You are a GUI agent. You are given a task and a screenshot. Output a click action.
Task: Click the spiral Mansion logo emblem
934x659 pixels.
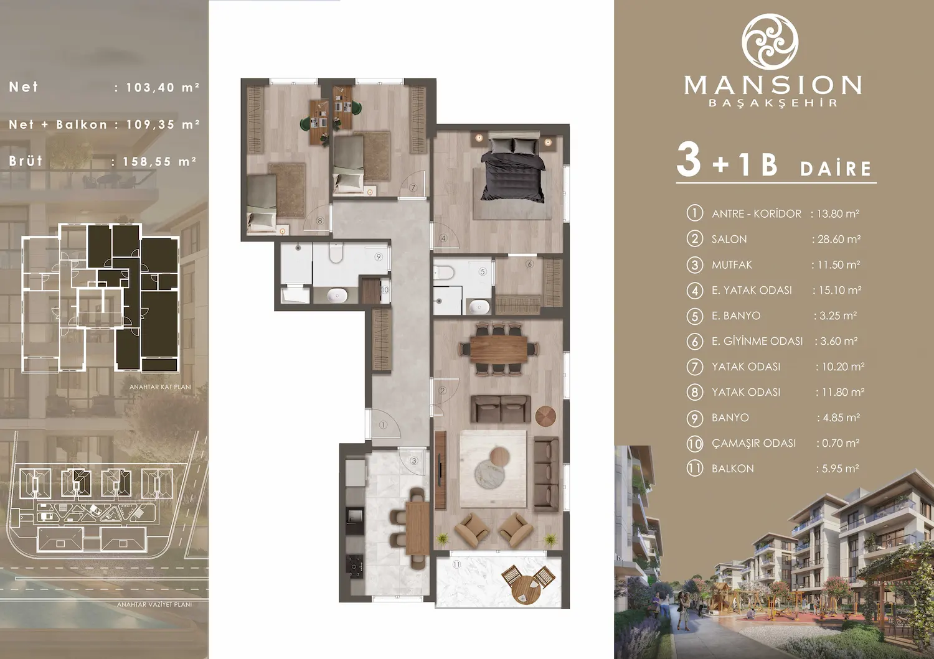(x=770, y=40)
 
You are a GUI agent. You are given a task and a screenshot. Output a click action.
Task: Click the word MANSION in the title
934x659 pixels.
(x=773, y=85)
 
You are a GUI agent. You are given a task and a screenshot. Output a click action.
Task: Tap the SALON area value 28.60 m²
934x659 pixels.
(x=836, y=239)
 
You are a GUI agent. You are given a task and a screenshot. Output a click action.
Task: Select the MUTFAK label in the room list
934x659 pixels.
(x=732, y=264)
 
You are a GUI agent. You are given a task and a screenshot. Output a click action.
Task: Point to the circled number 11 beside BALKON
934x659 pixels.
(x=694, y=469)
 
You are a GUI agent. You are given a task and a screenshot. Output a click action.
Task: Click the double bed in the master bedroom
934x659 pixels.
(x=512, y=169)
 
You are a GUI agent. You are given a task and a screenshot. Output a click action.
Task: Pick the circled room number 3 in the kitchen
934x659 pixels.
(x=414, y=461)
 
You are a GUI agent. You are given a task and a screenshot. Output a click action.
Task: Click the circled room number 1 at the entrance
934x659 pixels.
(x=383, y=425)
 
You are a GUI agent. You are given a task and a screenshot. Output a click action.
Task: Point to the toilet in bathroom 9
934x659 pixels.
(x=336, y=253)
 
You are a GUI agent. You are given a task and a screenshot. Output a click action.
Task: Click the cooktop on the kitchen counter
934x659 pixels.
(x=356, y=566)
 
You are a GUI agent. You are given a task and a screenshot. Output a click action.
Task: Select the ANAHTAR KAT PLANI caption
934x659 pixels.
(x=160, y=387)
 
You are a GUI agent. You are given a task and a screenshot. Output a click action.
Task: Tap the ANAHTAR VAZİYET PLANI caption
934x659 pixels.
(x=154, y=604)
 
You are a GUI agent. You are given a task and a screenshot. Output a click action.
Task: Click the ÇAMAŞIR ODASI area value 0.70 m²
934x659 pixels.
(x=837, y=443)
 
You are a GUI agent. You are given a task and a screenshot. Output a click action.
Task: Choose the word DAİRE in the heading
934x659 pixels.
(x=836, y=169)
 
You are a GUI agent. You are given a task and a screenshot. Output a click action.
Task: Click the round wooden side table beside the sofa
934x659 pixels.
(x=545, y=416)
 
